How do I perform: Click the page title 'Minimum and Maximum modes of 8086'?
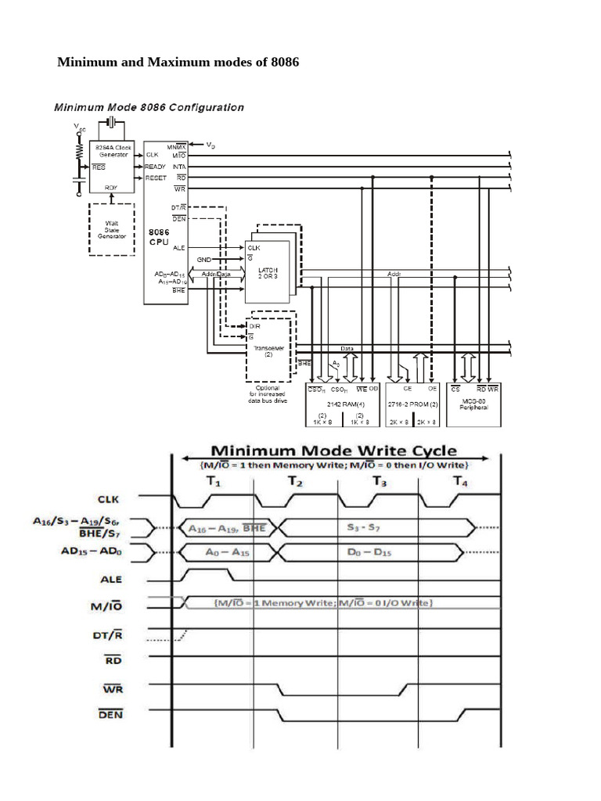click(x=178, y=62)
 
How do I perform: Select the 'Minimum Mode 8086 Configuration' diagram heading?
click(x=148, y=107)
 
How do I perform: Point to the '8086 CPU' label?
click(x=159, y=237)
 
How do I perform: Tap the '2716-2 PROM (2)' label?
click(x=413, y=404)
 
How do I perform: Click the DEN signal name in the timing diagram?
click(x=110, y=714)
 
